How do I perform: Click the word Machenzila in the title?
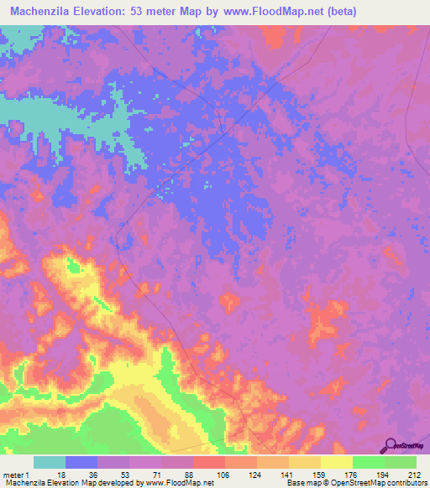(42, 12)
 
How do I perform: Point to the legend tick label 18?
(60, 474)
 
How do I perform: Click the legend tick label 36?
(92, 474)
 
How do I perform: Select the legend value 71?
(156, 474)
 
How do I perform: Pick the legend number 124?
(252, 474)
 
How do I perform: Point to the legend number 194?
(380, 474)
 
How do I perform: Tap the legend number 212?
(412, 474)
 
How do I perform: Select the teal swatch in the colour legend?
(50, 462)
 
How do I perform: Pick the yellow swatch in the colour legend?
(336, 462)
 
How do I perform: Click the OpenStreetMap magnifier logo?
(390, 445)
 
